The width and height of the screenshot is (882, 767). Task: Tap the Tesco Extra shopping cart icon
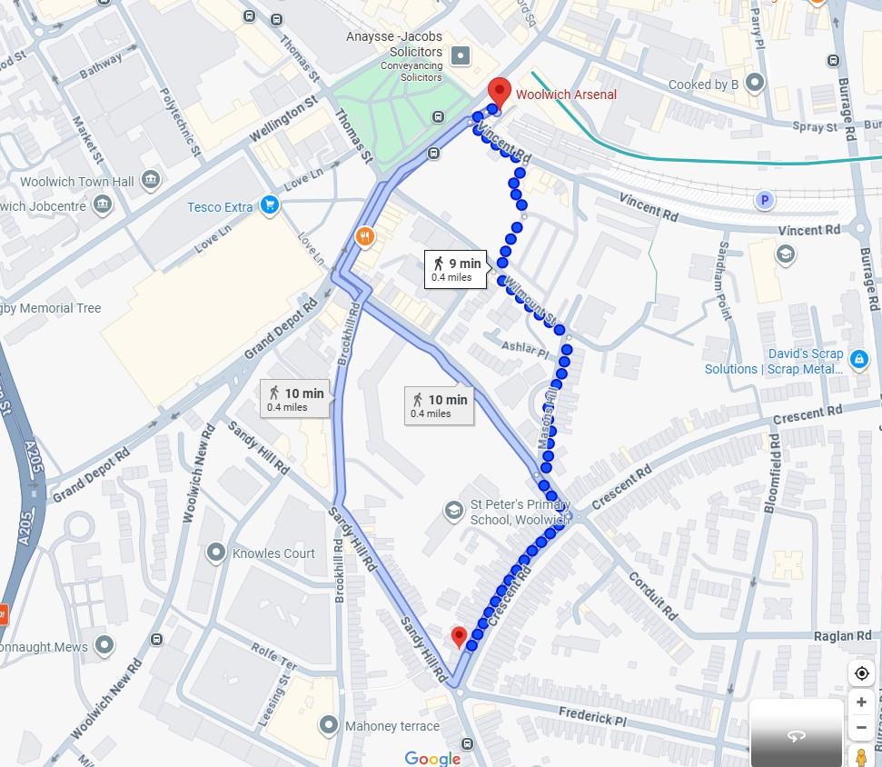coord(269,206)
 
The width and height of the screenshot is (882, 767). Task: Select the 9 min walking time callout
coord(456,269)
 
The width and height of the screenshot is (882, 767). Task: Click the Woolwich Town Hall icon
coord(151,181)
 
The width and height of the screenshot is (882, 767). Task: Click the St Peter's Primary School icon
coord(452,512)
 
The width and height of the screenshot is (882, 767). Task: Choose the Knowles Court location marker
coord(215,552)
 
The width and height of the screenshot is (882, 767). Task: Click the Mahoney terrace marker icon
coord(329,725)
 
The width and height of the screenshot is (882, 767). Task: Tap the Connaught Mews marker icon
coord(104,646)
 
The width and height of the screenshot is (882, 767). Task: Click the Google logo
coord(432,758)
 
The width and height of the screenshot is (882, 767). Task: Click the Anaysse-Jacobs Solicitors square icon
coord(461,56)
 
